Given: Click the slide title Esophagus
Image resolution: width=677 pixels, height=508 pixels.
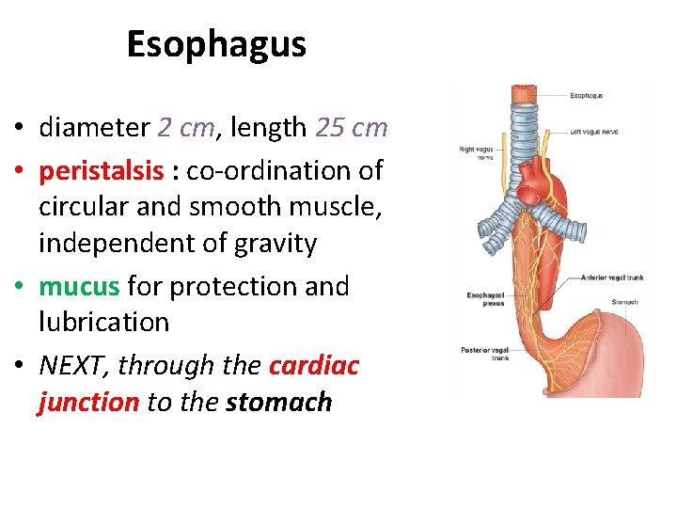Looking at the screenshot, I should click(216, 44).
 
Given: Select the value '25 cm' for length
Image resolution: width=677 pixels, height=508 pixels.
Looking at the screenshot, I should click(352, 127).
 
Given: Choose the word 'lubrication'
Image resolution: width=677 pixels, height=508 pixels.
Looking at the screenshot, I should click(103, 322).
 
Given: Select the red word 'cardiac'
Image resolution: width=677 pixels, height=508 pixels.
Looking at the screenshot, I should click(314, 365).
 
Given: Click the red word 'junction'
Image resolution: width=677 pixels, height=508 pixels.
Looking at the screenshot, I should click(88, 403).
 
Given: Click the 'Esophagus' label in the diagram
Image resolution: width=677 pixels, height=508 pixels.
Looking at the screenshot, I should click(586, 95).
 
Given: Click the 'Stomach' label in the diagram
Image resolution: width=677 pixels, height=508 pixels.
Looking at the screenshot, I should click(624, 302).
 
